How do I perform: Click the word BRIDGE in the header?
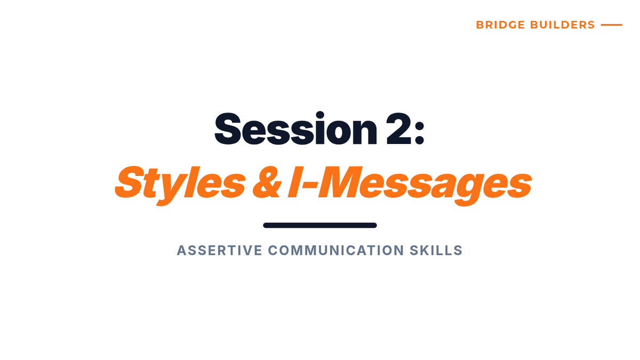501,25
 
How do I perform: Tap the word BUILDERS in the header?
562,25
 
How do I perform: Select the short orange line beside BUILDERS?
611,25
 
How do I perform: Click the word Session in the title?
296,129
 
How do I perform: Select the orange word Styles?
180,185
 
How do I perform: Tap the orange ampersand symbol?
267,183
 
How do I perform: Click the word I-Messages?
410,185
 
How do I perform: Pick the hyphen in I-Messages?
309,185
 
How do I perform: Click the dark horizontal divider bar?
319,225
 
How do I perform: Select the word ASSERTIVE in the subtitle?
219,250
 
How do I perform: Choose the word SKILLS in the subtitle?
436,250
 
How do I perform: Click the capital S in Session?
228,129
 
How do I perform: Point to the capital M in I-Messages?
339,182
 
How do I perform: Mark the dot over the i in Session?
319,115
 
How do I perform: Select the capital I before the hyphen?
294,182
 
